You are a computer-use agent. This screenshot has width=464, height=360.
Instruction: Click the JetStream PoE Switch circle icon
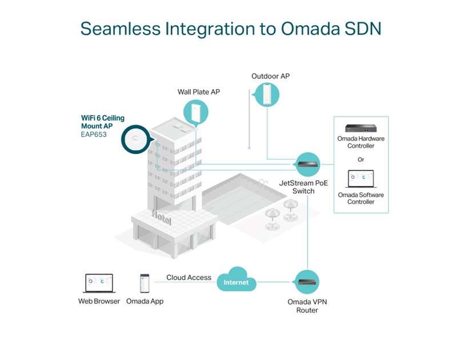[307, 164]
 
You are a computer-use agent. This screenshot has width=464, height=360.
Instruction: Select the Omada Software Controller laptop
[361, 178]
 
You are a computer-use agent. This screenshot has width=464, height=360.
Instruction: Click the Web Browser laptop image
[99, 283]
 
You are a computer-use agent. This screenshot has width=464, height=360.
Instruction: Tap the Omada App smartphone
[145, 283]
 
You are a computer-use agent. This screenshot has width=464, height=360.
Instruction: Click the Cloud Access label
[189, 278]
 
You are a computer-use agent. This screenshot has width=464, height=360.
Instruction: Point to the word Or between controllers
[361, 159]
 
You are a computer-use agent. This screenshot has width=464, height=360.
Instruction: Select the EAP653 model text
[93, 135]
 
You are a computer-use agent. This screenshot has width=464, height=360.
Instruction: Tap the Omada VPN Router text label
[303, 306]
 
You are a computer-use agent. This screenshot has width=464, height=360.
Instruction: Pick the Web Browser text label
[99, 301]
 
